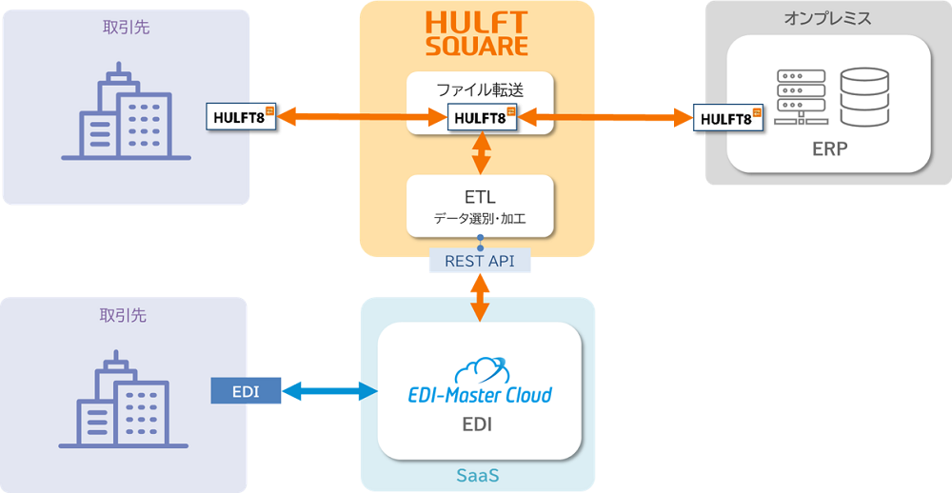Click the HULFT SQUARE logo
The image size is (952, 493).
coord(477,33)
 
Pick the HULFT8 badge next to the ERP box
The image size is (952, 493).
coord(728,118)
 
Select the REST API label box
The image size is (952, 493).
coord(480,260)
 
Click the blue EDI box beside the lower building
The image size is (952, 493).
coord(246,390)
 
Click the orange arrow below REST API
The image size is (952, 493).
coord(480,296)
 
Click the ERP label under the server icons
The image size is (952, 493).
coord(829,149)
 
